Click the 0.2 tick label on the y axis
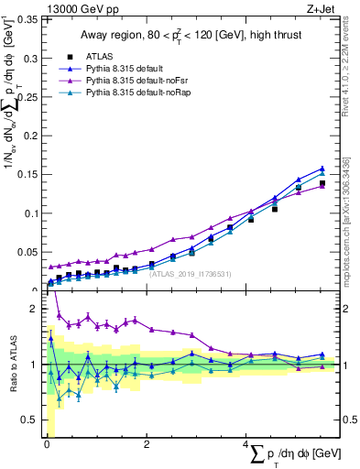[x=28, y=136]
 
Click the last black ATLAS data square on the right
[x=322, y=184]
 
